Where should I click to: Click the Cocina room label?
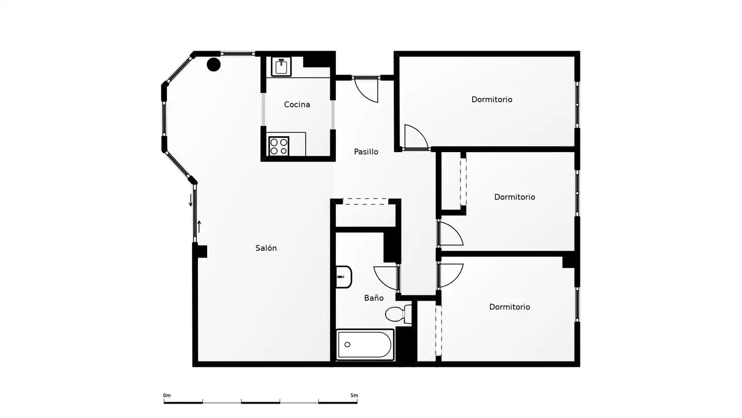(x=297, y=104)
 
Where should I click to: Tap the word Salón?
(x=266, y=248)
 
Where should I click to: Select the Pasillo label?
(x=366, y=152)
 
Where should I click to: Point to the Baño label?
(x=374, y=298)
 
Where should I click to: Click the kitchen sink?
(x=281, y=67)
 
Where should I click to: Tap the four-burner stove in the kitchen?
(x=279, y=147)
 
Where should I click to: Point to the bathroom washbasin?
(x=344, y=277)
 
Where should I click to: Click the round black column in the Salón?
(x=214, y=65)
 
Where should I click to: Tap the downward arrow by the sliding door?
(x=191, y=200)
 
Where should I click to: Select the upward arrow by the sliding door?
(x=199, y=227)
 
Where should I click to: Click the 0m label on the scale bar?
(x=167, y=395)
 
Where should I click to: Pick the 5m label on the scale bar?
(x=354, y=395)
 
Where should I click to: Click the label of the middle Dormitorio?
(x=514, y=197)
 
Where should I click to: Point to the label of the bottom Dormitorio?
(x=510, y=307)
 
